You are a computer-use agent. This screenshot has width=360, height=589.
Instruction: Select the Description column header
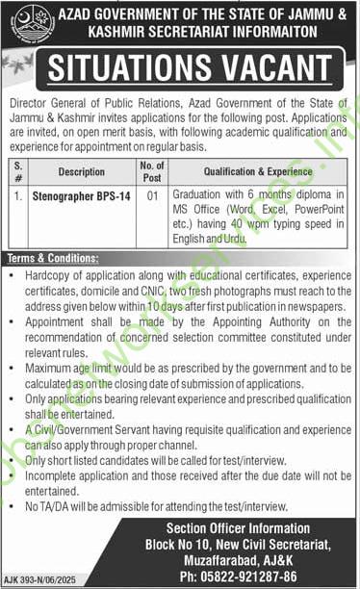[x=81, y=172]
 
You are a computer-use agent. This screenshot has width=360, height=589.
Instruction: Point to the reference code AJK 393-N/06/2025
[x=39, y=581]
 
